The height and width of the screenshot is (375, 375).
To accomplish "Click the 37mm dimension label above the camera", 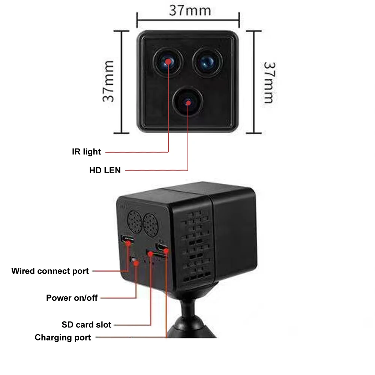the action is [x=189, y=10].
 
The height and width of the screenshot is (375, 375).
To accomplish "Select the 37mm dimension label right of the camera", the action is [x=268, y=82].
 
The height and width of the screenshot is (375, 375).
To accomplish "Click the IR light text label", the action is [x=86, y=152].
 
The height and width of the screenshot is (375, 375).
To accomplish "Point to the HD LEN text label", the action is [x=105, y=170].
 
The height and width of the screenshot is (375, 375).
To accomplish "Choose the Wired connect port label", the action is [x=50, y=271].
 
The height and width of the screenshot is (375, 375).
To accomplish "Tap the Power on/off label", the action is [x=72, y=298].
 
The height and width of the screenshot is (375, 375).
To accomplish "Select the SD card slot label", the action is [x=86, y=324].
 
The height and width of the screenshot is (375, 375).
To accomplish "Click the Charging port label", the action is [x=63, y=337].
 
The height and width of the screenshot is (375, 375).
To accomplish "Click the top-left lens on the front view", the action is [x=167, y=61].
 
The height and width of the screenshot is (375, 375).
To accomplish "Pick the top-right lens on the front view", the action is [x=207, y=61].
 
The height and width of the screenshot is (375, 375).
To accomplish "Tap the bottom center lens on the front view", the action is [x=187, y=102].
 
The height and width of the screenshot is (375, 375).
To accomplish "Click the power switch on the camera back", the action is [x=134, y=260].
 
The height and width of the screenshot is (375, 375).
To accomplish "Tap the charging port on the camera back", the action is [x=162, y=247].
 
